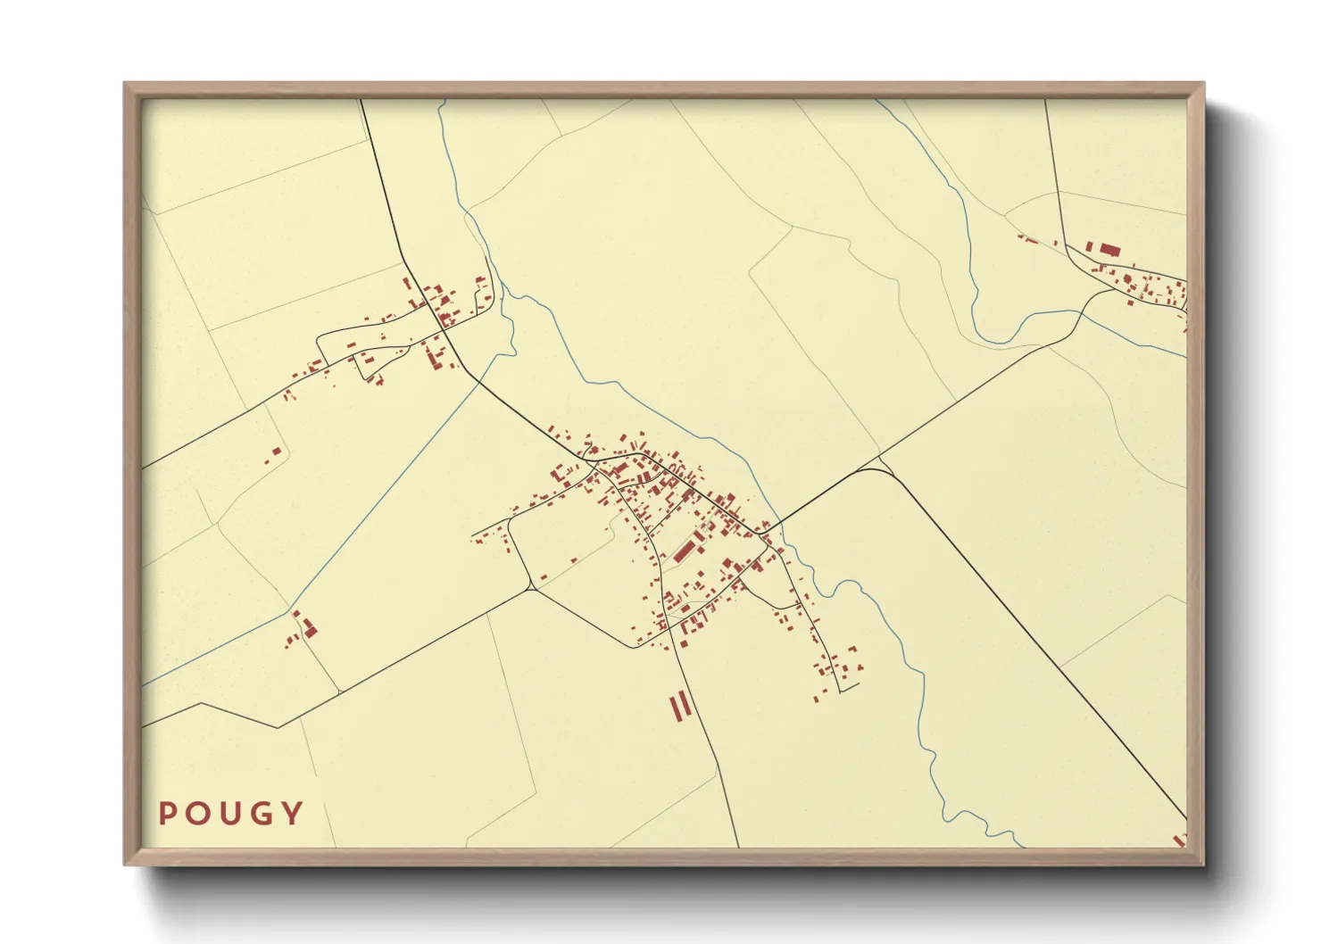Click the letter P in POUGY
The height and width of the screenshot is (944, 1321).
167,813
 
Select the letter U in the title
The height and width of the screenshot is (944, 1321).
228,813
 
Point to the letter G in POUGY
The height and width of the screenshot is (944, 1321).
260,813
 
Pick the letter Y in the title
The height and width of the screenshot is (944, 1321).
291,813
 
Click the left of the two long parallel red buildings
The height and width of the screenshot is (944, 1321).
675,707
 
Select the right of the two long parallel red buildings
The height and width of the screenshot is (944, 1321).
685,704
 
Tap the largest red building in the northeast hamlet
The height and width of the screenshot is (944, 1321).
1109,249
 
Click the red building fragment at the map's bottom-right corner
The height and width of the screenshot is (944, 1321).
1180,840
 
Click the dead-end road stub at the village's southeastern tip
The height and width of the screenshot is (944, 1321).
849,686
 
